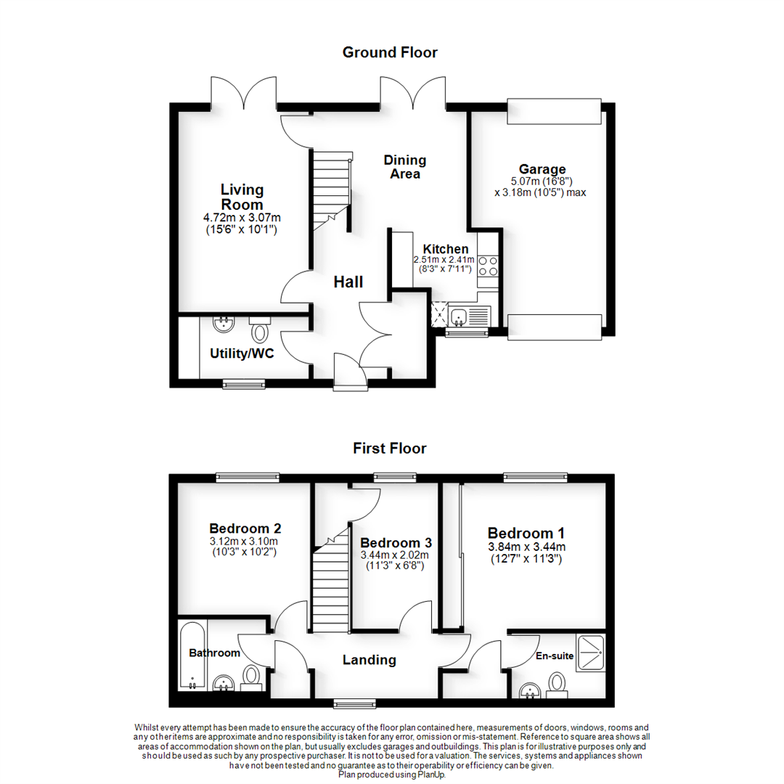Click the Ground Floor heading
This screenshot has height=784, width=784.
coord(390,52)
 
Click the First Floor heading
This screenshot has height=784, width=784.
coord(390,448)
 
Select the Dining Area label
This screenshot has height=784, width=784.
coord(405,167)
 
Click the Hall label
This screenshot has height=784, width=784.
coord(348,282)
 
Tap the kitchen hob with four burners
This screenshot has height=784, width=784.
coord(487,266)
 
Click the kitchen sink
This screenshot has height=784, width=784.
coord(459,317)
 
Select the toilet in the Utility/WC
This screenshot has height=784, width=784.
coord(258,331)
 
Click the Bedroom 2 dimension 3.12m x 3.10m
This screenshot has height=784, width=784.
coord(245,542)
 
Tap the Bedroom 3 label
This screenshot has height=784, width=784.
coord(396,543)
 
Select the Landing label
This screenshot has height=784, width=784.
coord(369,660)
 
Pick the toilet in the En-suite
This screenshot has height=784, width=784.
coord(557,683)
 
